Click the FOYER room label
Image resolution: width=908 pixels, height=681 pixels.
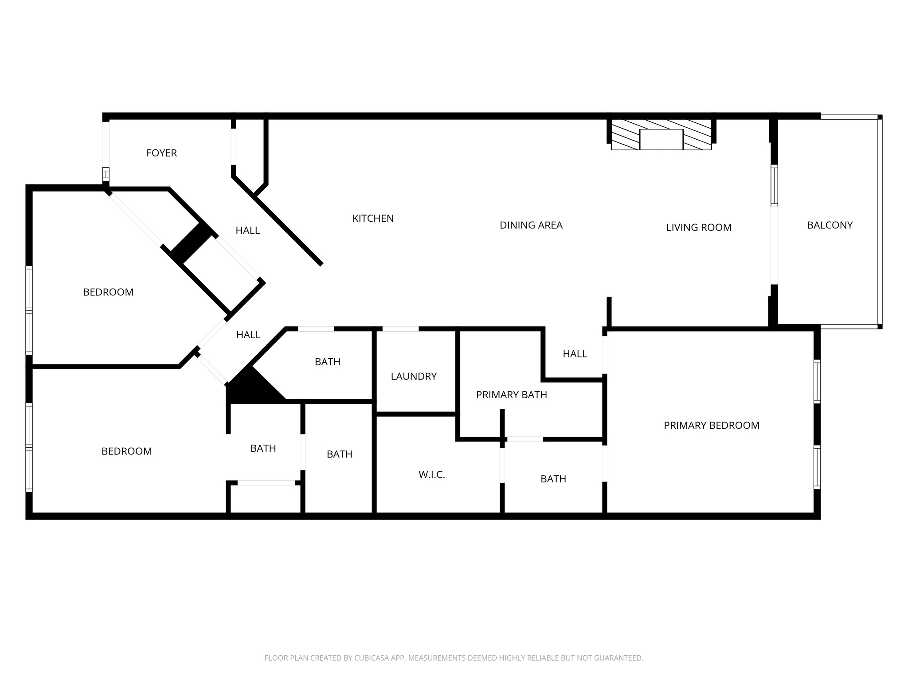(161, 153)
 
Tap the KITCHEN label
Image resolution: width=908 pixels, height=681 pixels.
(373, 218)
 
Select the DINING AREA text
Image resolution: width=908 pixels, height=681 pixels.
(531, 225)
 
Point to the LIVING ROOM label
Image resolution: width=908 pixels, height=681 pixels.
(699, 227)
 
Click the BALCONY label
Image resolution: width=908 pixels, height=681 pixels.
(830, 225)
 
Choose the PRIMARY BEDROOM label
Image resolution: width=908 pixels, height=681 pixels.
(711, 426)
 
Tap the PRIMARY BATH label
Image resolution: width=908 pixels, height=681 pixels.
(511, 395)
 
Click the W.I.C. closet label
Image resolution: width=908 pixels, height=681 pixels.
(431, 475)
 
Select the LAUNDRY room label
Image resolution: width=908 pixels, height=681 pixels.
(414, 376)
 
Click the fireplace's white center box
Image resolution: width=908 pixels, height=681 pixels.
(661, 139)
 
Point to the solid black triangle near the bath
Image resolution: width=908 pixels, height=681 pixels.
(250, 388)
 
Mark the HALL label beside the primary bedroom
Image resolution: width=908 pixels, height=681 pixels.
(575, 354)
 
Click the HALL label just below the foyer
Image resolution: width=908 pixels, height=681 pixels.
(247, 231)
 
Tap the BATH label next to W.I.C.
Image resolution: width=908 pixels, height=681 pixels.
(553, 479)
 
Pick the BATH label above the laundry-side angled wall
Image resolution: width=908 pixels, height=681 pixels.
(327, 362)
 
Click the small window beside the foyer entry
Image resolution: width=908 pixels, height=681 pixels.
(106, 173)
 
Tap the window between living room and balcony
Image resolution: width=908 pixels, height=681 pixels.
(774, 185)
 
